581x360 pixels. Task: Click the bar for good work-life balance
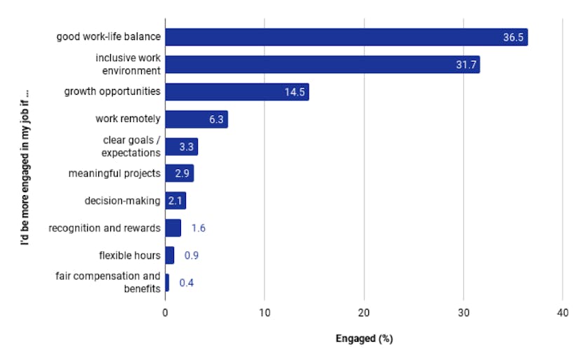pos(346,37)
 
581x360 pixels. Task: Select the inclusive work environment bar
pos(322,65)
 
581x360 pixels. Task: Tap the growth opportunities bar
pos(236,92)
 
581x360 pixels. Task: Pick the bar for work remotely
pos(196,119)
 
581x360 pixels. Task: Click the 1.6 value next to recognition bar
pos(198,228)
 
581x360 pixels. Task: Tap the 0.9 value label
pos(191,255)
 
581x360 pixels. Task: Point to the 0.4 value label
pos(186,283)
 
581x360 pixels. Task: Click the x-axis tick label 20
pos(363,314)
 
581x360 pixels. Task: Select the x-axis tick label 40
pos(562,314)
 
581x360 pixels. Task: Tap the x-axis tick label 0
pos(165,314)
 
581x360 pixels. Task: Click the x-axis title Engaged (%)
pos(363,339)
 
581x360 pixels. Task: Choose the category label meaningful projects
pos(114,173)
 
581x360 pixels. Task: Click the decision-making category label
pos(123,201)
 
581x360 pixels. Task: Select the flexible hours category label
pos(130,255)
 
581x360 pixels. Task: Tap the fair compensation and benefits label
pos(108,282)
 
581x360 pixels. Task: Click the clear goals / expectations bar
pos(181,147)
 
